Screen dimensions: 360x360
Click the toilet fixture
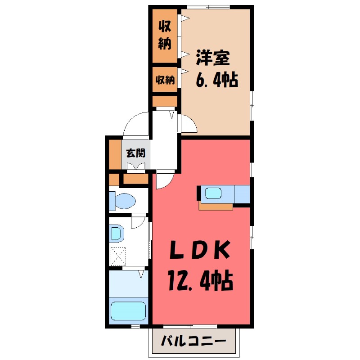[x=122, y=199]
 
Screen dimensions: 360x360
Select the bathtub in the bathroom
[x=129, y=310]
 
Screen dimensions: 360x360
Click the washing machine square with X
[x=118, y=256]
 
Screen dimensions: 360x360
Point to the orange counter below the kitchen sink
[x=216, y=207]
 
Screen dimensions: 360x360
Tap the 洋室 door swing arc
[x=188, y=124]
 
